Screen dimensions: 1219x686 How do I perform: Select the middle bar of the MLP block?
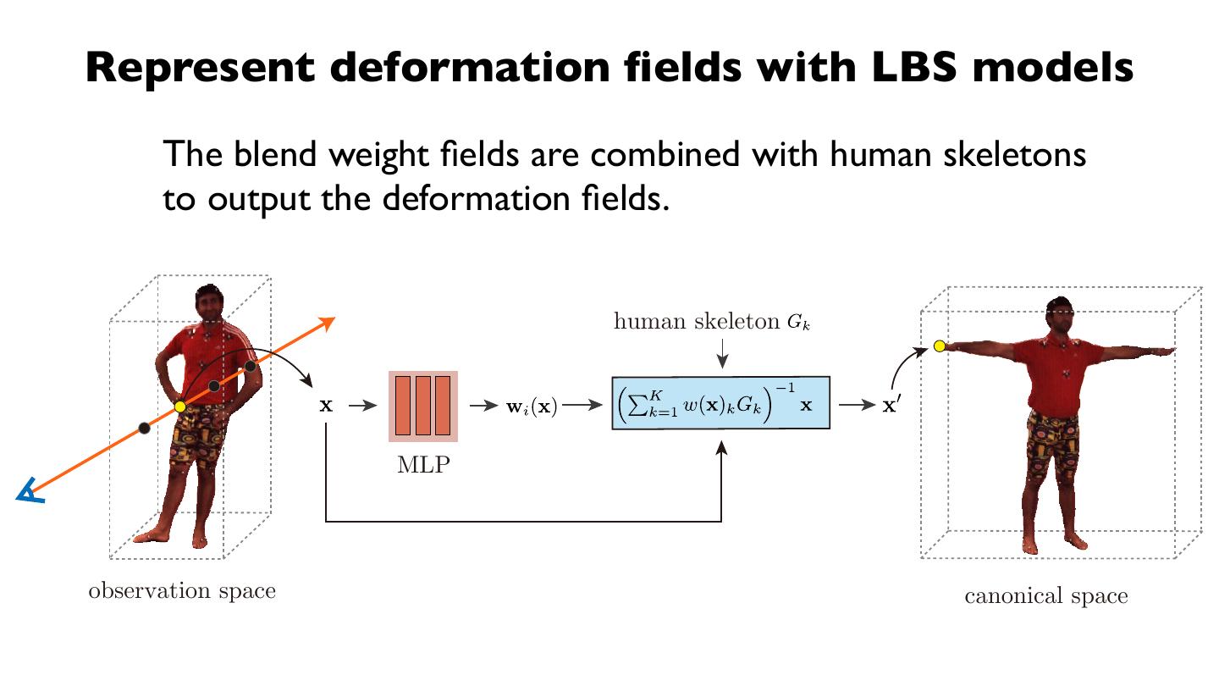(x=423, y=406)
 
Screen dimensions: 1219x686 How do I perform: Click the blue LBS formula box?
(x=720, y=403)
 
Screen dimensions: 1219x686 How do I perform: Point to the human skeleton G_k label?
(x=712, y=322)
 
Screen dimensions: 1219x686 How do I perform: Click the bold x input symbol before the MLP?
(x=326, y=406)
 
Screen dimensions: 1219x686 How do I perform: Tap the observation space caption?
(x=182, y=590)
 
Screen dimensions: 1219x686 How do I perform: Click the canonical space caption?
(x=1046, y=596)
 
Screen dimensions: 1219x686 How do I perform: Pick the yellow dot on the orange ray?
(x=179, y=407)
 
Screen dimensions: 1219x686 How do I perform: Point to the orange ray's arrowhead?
(x=328, y=322)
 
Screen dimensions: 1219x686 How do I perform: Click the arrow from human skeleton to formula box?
(x=720, y=354)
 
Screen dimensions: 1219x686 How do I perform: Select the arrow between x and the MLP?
(x=361, y=406)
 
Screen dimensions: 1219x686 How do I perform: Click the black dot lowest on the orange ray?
(x=145, y=428)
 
